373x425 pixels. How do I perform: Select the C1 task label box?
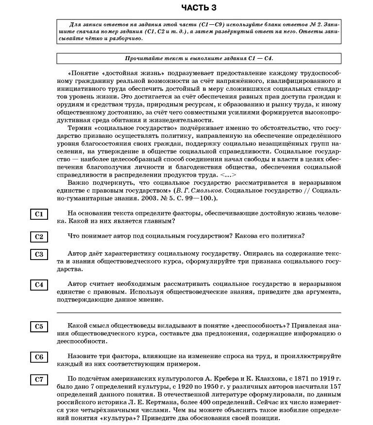(x=39, y=214)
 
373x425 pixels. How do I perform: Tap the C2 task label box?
(x=39, y=237)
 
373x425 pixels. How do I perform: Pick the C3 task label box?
(x=39, y=254)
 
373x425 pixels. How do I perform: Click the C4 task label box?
(x=39, y=285)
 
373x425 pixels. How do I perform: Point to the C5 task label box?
(x=39, y=327)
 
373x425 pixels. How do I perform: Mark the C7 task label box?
(x=39, y=380)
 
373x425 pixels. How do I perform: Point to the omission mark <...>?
(x=227, y=175)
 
